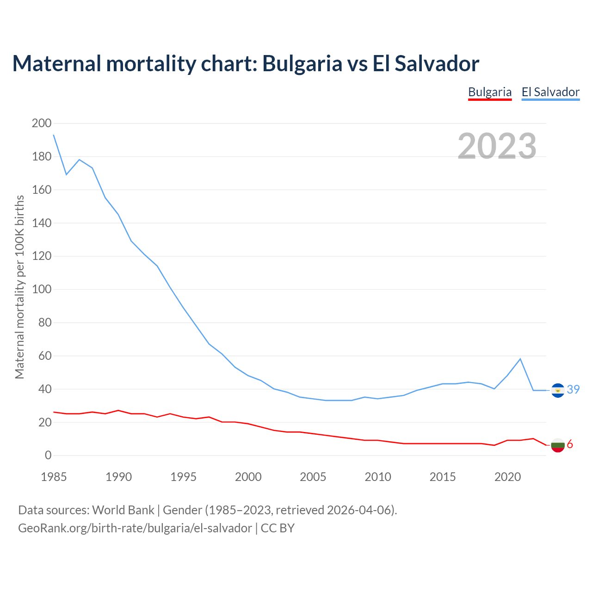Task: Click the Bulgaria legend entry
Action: pyautogui.click(x=490, y=92)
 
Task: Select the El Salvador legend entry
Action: pyautogui.click(x=550, y=92)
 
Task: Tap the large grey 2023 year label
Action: pyautogui.click(x=497, y=146)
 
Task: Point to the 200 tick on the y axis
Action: pyautogui.click(x=42, y=123)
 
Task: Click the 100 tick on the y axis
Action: pyautogui.click(x=42, y=290)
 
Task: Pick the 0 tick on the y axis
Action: pyautogui.click(x=48, y=456)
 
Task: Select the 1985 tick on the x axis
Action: pyautogui.click(x=54, y=477)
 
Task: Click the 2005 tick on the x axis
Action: pyautogui.click(x=313, y=477)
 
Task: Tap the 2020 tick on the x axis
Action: pyautogui.click(x=507, y=477)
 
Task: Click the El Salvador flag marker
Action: pyautogui.click(x=558, y=390)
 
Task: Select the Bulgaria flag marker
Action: pyautogui.click(x=558, y=445)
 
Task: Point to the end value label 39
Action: pyautogui.click(x=573, y=390)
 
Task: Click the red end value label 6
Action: pyautogui.click(x=570, y=444)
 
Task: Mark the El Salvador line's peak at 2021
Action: pyautogui.click(x=520, y=359)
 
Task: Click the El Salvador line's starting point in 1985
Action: pyautogui.click(x=54, y=135)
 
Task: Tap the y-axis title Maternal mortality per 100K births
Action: pyautogui.click(x=19, y=287)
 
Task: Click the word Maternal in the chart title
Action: pyautogui.click(x=56, y=63)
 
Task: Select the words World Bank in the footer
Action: pyautogui.click(x=123, y=510)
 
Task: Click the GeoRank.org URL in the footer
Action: pyautogui.click(x=135, y=528)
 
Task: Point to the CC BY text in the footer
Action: pyautogui.click(x=277, y=528)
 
